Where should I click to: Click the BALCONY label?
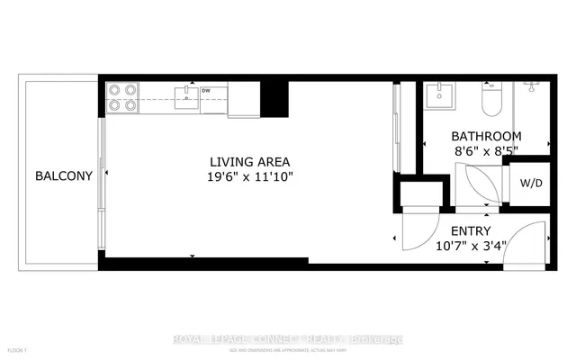64,176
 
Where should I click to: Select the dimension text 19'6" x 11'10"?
247,176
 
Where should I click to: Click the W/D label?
531,183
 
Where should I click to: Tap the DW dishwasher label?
206,91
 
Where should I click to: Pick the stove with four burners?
123,97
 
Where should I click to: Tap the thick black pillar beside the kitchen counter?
274,99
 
